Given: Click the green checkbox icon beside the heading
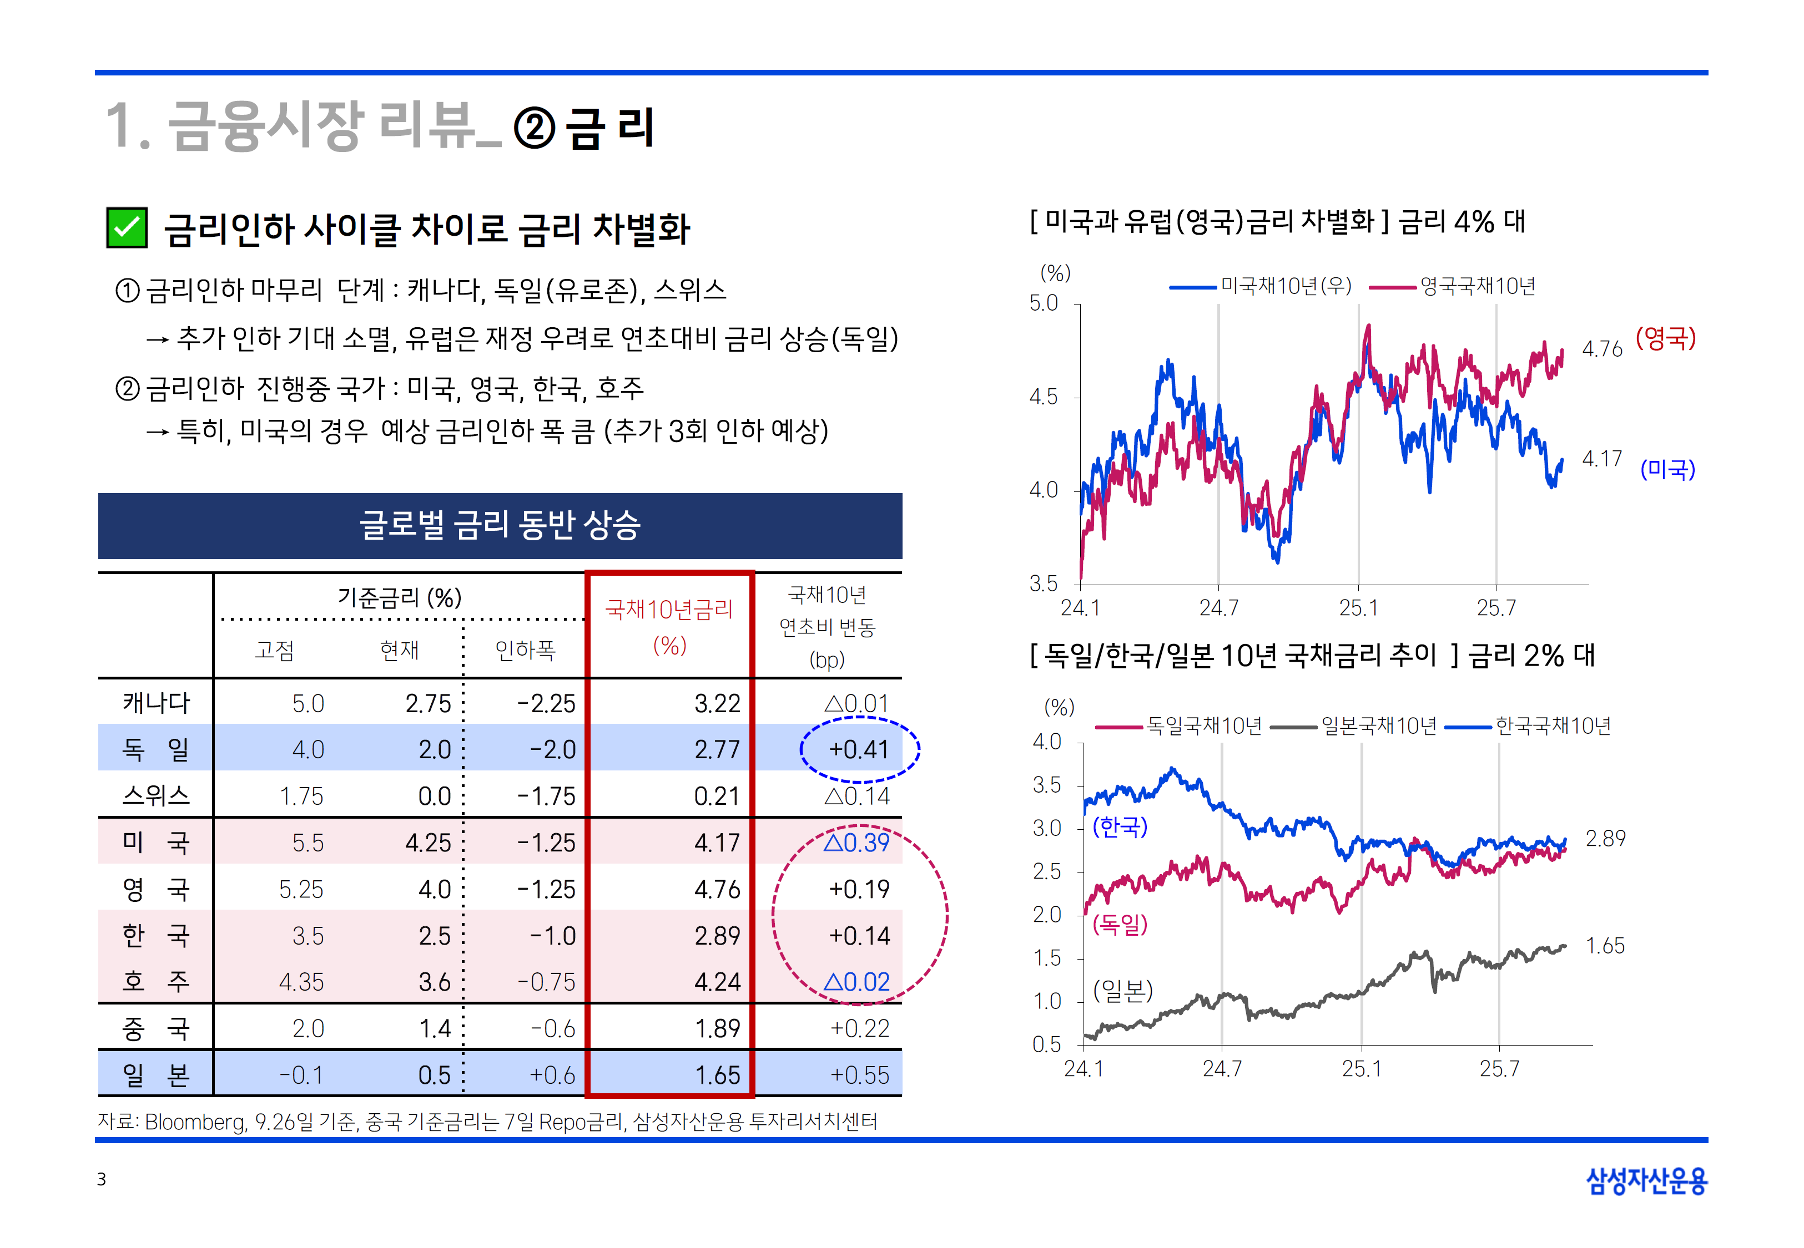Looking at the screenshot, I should tap(127, 229).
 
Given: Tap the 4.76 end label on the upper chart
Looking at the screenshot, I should tap(1601, 349).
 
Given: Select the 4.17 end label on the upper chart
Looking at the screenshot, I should tap(1601, 459).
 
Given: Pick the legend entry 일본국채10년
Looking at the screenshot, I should tap(1378, 727).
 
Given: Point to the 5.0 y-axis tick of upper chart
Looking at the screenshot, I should tap(1044, 303).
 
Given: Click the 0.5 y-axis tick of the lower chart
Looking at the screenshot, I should tap(1047, 1044).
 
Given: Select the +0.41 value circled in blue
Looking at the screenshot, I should tap(859, 750).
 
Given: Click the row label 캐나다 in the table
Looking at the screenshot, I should tap(155, 703).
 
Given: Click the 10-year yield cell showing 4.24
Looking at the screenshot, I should tap(717, 982).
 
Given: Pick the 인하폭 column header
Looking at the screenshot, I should tap(525, 650).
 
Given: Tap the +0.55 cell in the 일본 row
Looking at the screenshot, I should tap(859, 1075).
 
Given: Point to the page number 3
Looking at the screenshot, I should tap(102, 1179).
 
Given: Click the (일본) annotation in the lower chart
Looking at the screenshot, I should tap(1122, 991).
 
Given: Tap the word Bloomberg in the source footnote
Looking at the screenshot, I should tap(195, 1122).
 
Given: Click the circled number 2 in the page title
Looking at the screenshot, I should tap(535, 128).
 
